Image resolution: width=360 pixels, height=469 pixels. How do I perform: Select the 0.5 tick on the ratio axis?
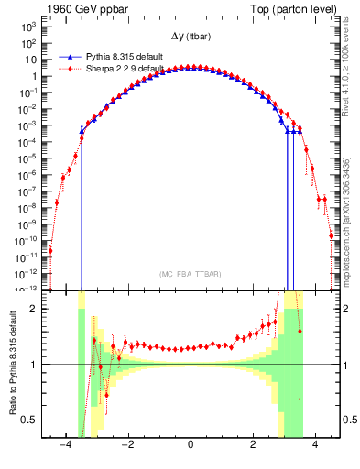[x=38, y=420]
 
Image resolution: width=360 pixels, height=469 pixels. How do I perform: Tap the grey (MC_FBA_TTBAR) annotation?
[x=190, y=274]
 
